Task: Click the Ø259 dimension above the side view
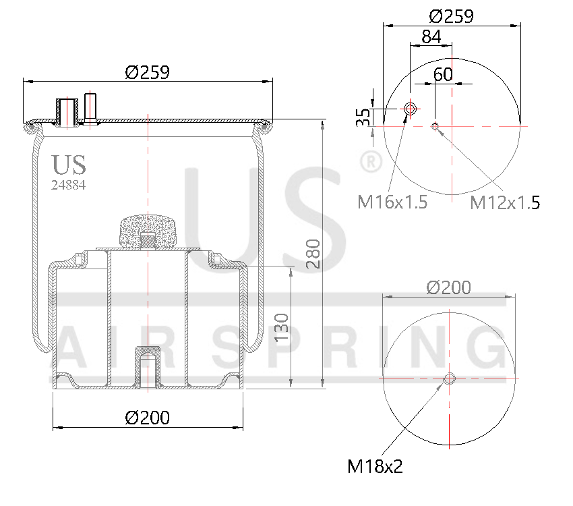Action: coord(147,72)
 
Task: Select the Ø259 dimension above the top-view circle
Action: coord(451,16)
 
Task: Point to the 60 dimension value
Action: coord(443,74)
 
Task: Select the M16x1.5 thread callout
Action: coord(392,201)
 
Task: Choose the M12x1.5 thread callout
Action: coord(504,202)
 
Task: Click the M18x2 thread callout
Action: coord(375,466)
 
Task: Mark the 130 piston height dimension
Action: coord(282,327)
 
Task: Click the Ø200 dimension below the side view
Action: coord(147,418)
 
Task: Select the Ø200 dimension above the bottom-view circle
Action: coord(449,287)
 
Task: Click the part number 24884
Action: coord(69,184)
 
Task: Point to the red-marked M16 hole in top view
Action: coord(410,109)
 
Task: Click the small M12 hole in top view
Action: coord(435,125)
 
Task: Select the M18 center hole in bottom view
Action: coord(450,379)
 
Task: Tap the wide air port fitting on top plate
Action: coord(67,111)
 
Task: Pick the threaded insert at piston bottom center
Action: coord(148,366)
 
